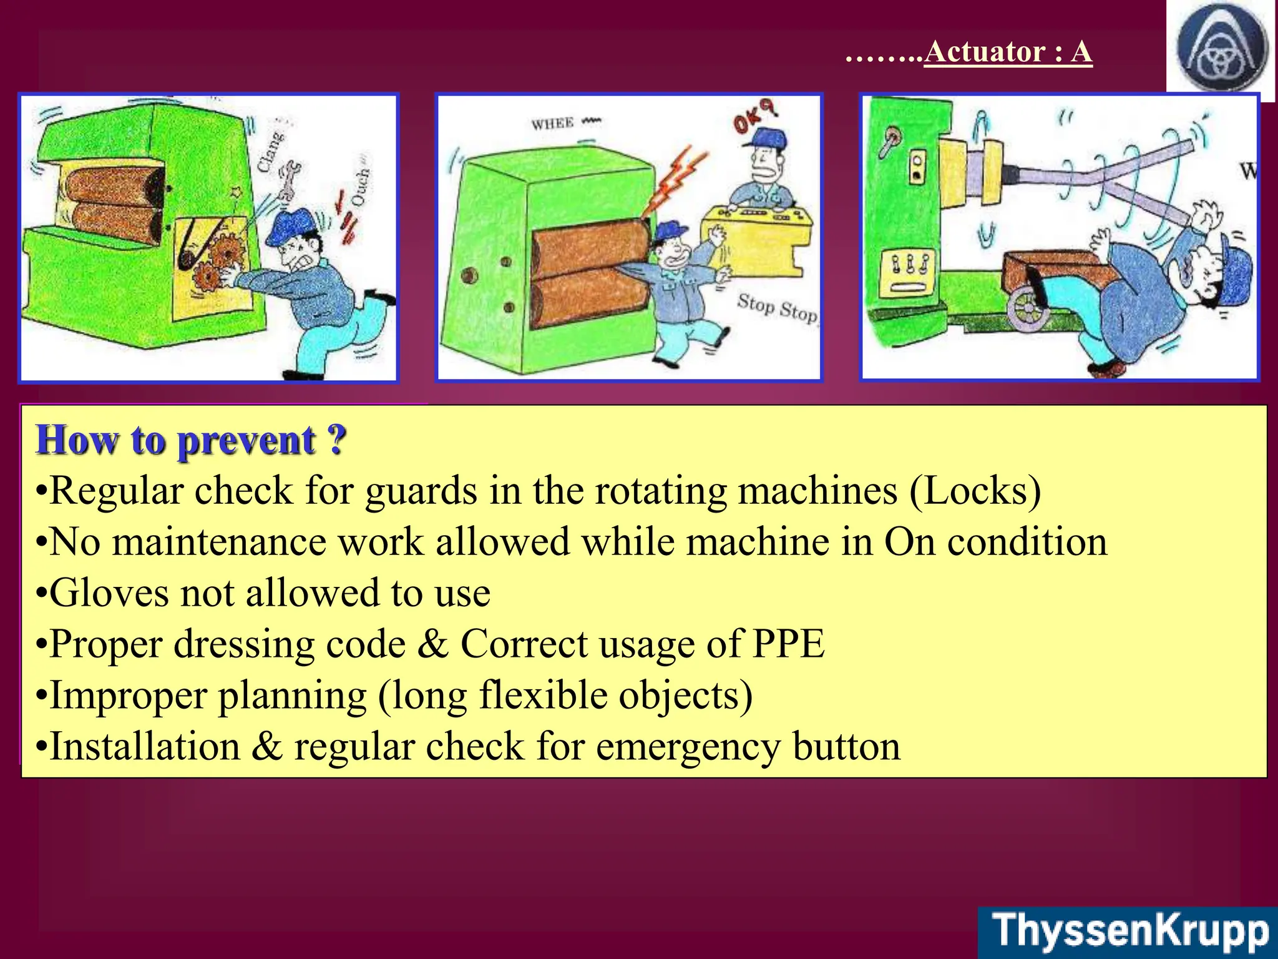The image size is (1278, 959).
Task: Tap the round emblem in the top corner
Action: pos(1221,49)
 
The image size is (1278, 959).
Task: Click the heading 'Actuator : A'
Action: pos(1007,52)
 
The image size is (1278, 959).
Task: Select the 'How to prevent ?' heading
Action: pos(191,440)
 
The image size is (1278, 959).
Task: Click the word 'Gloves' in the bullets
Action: pos(109,593)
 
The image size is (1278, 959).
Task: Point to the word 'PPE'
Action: pos(789,644)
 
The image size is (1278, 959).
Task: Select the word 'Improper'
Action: pos(127,696)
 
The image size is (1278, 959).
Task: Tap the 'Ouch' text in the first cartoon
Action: pos(360,187)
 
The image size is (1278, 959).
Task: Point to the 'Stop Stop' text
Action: pos(777,308)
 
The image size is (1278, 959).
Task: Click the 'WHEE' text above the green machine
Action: pos(553,124)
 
